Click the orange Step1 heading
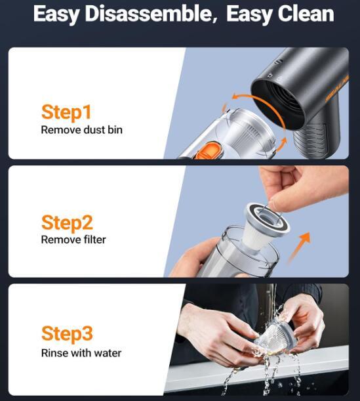[66, 112]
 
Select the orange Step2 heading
[67, 223]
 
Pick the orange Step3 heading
[67, 334]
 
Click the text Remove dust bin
[82, 130]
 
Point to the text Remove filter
[73, 240]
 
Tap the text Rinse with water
[81, 353]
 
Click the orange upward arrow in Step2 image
[299, 247]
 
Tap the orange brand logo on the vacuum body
[337, 89]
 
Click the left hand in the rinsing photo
[217, 333]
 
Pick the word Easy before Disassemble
[56, 14]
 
